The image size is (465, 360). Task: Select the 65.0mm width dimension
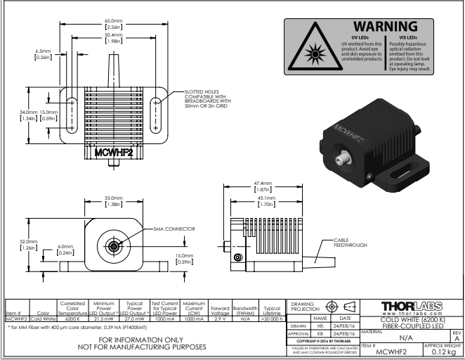(x=114, y=22)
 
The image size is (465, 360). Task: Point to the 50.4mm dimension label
(x=114, y=37)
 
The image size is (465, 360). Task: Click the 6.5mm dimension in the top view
(x=44, y=55)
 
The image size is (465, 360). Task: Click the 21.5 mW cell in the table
(x=103, y=319)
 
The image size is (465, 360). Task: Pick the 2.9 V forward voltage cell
(x=219, y=319)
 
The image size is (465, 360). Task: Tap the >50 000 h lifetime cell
(x=271, y=319)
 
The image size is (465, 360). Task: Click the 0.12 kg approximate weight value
(x=444, y=352)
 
